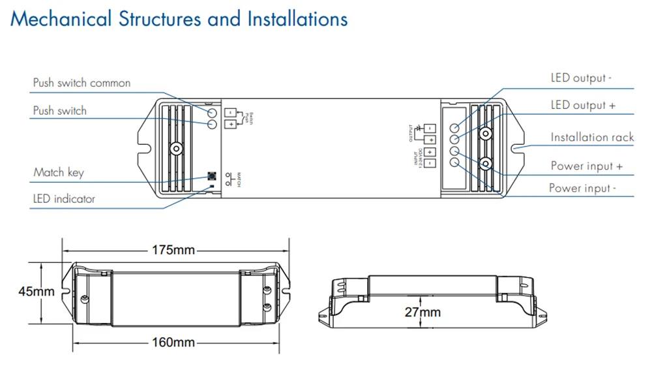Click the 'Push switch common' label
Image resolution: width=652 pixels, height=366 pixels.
click(x=81, y=83)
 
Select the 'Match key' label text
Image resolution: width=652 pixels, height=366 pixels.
click(x=59, y=172)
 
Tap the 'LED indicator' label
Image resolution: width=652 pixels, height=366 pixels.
click(x=64, y=198)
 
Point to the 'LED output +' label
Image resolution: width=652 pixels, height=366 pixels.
click(x=583, y=105)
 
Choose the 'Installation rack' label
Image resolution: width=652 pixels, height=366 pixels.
click(x=592, y=137)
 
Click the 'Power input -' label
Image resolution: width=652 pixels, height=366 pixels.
click(x=582, y=189)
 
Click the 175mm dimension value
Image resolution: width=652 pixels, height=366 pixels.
click(x=174, y=250)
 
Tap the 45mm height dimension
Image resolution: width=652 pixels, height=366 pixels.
click(x=36, y=292)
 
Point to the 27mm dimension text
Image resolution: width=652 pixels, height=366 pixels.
click(x=422, y=312)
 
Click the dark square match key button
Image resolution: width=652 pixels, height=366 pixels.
click(x=211, y=176)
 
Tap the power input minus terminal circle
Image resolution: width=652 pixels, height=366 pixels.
click(x=454, y=162)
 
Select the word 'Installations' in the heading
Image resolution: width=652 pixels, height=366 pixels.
click(x=297, y=19)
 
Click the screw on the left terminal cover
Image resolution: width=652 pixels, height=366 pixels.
click(x=175, y=148)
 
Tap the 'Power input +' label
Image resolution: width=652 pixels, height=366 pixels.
click(x=586, y=166)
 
